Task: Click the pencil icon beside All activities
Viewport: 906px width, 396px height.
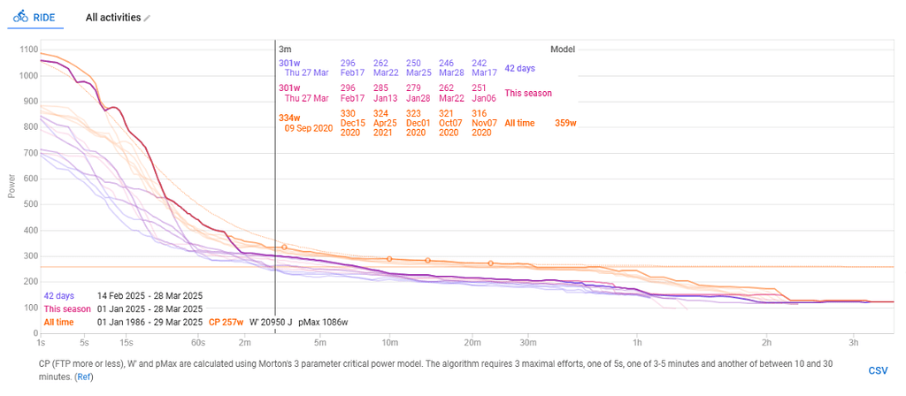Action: coord(147,18)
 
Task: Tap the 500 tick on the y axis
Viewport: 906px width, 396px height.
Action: coord(29,205)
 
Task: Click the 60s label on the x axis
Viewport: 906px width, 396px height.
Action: coord(197,340)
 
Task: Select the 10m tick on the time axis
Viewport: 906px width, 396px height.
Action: coord(388,340)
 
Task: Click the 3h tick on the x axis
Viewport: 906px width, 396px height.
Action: coord(854,340)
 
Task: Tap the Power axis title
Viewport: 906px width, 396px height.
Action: coord(12,185)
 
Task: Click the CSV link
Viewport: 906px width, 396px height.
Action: coord(878,370)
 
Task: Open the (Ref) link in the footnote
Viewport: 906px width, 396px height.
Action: coord(83,377)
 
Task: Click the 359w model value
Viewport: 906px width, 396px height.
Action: coord(565,123)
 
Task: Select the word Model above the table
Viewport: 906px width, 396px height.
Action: coord(563,49)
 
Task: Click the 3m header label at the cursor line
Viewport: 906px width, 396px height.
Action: coord(285,49)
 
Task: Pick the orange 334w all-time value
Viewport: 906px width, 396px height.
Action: coord(289,118)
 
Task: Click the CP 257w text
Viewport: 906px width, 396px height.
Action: coord(226,322)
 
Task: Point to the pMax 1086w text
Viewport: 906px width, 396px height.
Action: coord(322,322)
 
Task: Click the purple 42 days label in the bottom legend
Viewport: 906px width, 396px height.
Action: coord(58,295)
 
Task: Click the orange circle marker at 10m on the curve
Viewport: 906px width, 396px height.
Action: coord(389,259)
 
